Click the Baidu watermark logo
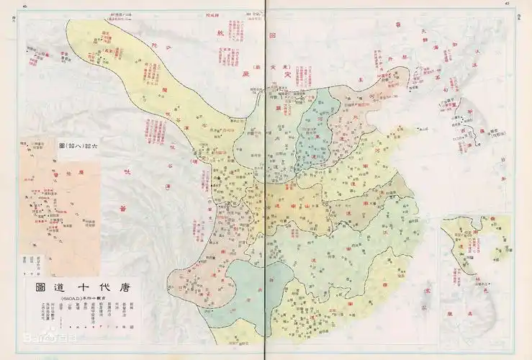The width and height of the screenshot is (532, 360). (x=39, y=354)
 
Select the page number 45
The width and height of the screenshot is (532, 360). (x=506, y=4)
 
